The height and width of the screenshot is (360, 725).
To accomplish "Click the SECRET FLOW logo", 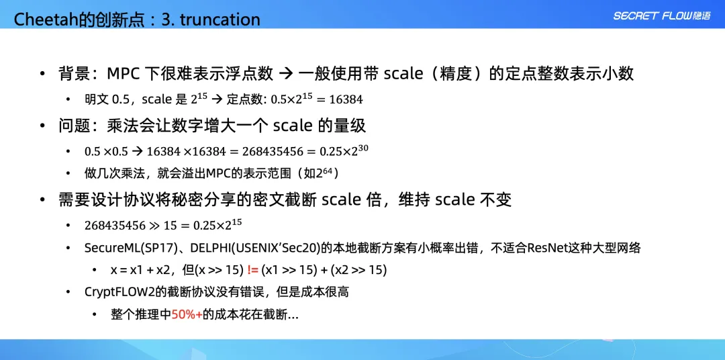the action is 662,15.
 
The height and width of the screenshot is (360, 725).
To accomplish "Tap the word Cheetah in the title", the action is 42,19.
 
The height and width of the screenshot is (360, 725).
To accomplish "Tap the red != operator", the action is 253,270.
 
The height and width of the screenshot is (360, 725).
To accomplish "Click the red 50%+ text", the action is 187,314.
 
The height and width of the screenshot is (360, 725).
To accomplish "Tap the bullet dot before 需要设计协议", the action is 43,200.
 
